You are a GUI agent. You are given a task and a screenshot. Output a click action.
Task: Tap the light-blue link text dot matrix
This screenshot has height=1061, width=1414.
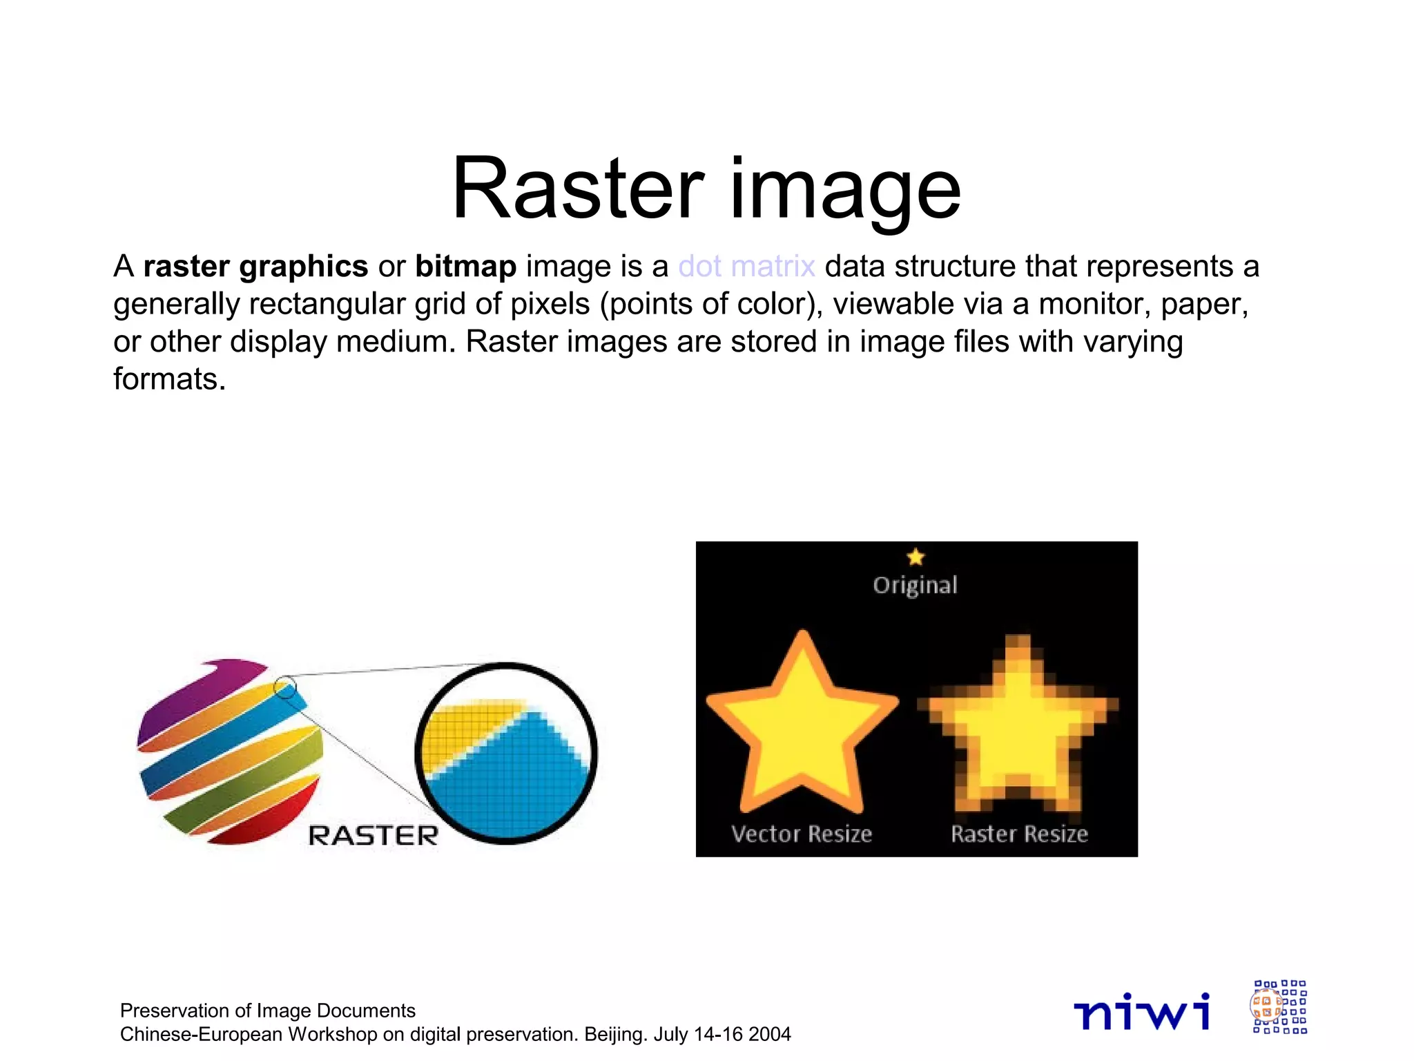746,267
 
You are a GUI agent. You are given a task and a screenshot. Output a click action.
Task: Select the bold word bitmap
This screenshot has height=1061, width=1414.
465,267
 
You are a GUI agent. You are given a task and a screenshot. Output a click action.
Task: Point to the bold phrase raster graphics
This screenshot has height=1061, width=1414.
255,267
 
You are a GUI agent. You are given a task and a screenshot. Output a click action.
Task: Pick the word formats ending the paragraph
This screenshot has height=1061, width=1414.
170,379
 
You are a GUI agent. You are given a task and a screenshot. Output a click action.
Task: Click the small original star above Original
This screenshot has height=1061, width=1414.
916,557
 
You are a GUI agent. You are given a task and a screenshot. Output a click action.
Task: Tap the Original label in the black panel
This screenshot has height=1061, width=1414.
915,586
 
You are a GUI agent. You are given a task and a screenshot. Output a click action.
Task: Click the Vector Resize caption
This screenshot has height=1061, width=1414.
802,834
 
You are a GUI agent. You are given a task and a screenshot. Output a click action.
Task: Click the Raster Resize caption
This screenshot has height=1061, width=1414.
1019,834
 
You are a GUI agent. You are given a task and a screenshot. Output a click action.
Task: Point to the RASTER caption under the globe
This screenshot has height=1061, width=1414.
373,836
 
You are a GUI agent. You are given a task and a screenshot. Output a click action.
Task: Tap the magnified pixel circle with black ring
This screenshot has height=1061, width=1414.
506,753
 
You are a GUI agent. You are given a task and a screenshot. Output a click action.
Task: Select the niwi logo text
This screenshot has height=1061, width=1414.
1142,1011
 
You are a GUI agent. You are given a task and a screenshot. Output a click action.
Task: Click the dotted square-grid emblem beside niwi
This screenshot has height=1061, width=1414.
1279,1007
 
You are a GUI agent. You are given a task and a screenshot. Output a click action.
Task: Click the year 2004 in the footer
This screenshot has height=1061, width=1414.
769,1035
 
